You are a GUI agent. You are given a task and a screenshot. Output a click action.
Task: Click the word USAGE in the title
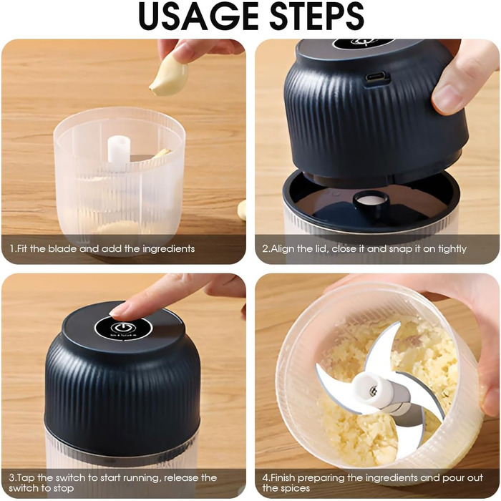coord(198,16)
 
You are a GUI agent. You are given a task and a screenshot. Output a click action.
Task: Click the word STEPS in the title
coord(317,16)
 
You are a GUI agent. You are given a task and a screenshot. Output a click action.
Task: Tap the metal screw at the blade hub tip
coord(373,391)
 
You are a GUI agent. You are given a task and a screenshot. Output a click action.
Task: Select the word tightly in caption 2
coord(452,249)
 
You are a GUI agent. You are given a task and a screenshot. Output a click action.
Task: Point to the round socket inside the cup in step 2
coord(371,200)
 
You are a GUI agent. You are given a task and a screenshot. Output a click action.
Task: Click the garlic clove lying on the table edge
coord(242,210)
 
